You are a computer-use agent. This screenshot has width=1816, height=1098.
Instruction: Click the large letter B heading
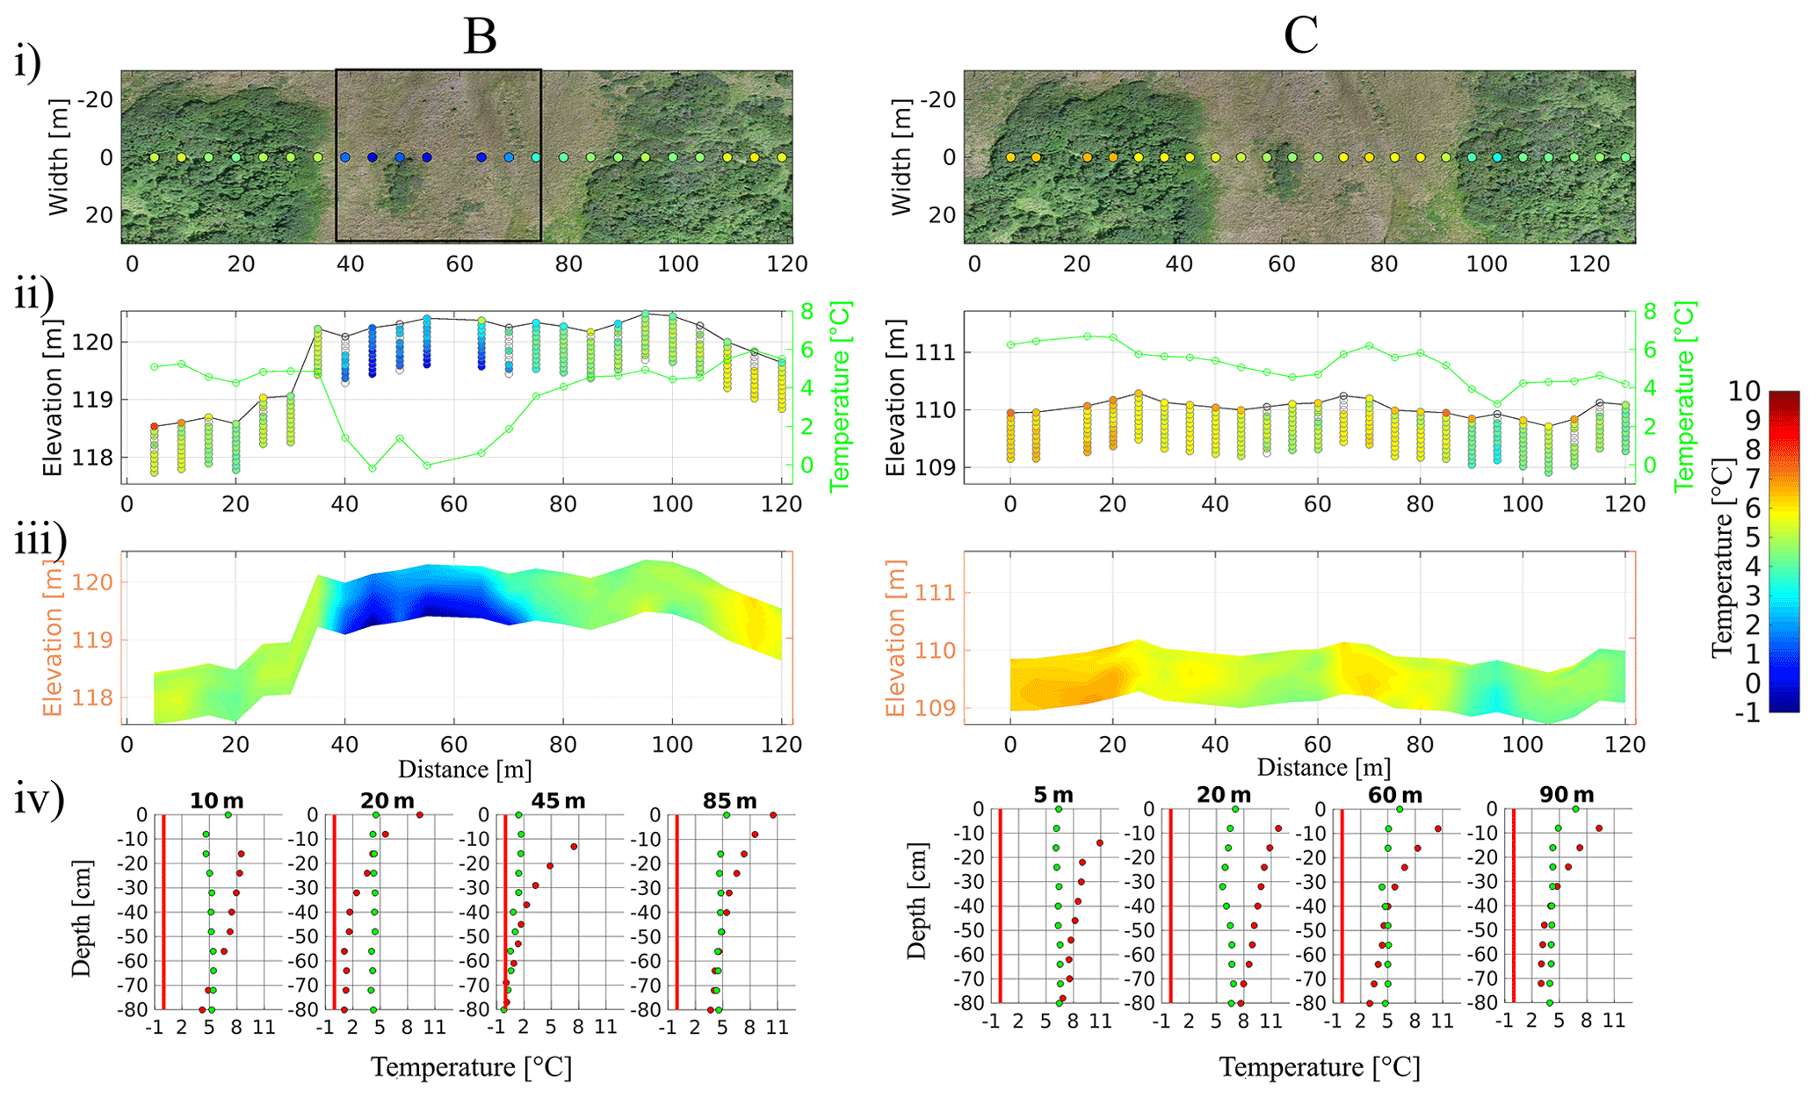click(x=480, y=37)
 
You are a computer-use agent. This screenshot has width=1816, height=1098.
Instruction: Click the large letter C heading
click(x=1300, y=37)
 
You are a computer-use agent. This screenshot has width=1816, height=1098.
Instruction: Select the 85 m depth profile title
click(x=729, y=801)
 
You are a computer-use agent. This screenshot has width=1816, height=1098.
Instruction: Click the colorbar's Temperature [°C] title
click(x=1723, y=558)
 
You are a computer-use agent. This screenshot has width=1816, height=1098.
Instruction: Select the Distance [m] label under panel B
click(x=465, y=769)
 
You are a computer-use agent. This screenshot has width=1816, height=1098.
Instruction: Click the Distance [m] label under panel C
click(x=1324, y=768)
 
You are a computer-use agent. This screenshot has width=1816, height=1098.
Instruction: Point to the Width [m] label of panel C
click(x=901, y=157)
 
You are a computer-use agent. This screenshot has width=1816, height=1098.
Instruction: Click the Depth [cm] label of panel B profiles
click(x=81, y=919)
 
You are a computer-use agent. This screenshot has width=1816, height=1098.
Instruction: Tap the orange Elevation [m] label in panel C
click(x=894, y=639)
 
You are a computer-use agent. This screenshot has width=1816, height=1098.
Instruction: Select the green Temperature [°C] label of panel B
click(x=841, y=396)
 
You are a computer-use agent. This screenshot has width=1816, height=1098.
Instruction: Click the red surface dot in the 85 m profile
click(x=773, y=815)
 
